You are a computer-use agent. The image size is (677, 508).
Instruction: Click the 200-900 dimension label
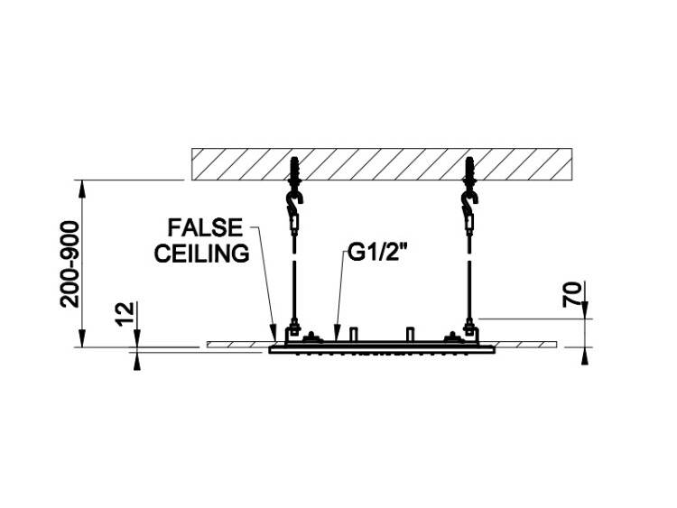coord(70,264)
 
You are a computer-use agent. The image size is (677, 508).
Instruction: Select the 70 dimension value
coord(571,294)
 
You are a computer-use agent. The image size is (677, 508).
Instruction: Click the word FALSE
coord(205,228)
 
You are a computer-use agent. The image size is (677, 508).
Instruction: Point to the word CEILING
coord(202,254)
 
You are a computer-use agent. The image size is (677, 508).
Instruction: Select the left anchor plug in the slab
coord(296,170)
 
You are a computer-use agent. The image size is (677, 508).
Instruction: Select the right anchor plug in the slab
coord(470,170)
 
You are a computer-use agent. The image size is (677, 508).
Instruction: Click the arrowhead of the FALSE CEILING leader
coord(273,333)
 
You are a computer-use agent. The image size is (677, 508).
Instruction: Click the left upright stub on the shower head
coord(354,334)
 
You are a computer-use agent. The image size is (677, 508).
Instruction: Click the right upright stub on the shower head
coord(411,334)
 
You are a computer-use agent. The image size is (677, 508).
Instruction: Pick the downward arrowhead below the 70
coord(585,309)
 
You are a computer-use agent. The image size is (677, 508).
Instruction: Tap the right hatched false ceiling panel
coord(525,344)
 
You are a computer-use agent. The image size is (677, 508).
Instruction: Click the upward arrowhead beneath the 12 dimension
coord(137,361)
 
